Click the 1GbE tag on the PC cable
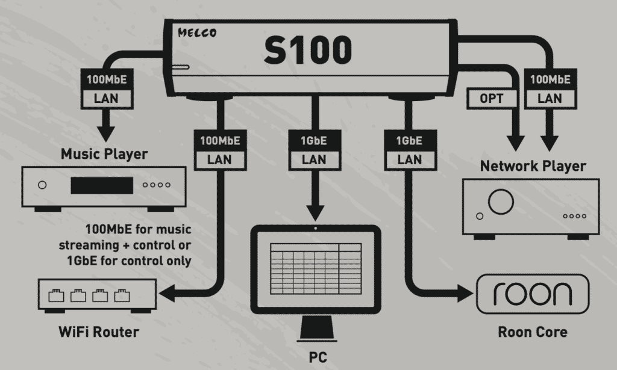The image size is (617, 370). click(x=314, y=141)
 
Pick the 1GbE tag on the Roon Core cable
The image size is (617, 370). click(x=410, y=141)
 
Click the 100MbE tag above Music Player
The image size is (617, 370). click(x=106, y=78)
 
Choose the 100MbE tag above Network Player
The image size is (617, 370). click(x=549, y=78)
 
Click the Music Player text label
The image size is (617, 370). click(x=104, y=155)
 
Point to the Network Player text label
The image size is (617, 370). click(x=533, y=166)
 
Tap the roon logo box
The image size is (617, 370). click(x=532, y=295)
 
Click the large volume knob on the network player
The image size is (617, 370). click(x=499, y=203)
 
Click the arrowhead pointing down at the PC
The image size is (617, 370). click(x=314, y=212)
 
